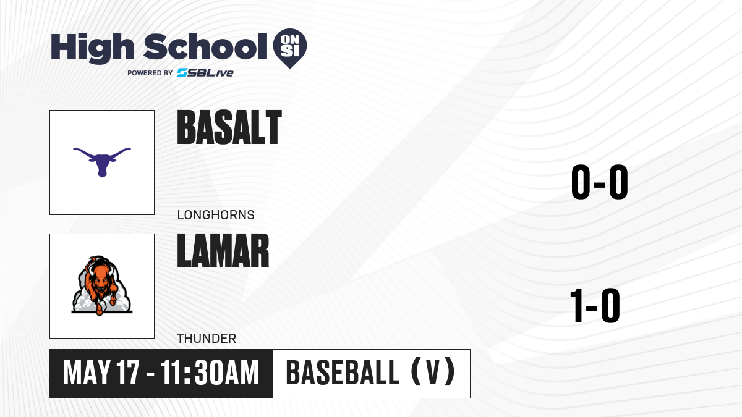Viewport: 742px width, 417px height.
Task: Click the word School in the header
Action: coord(205,46)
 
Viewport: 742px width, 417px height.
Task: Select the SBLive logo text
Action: coord(205,73)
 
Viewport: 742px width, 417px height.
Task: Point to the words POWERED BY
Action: coord(150,73)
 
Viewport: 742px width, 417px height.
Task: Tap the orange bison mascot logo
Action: coord(102,285)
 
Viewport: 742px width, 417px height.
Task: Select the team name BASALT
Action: coord(229,127)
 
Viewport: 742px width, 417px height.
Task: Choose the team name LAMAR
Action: coord(223,251)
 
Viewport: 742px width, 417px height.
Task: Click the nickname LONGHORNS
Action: coord(216,215)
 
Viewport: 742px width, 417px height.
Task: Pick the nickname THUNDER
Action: coord(207,339)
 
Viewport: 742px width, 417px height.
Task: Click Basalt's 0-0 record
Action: coord(600,182)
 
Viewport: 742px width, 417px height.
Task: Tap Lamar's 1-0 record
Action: coord(595,305)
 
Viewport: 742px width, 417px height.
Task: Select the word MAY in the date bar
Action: coord(87,373)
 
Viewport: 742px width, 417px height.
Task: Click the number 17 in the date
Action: coord(128,373)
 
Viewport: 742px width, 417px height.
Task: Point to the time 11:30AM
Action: coord(210,373)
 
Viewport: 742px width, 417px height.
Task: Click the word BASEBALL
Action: coord(343,373)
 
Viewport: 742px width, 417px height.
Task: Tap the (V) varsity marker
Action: coord(433,372)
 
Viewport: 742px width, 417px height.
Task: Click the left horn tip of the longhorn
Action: coord(74,150)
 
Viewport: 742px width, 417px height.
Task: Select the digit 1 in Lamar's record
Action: coord(577,305)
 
